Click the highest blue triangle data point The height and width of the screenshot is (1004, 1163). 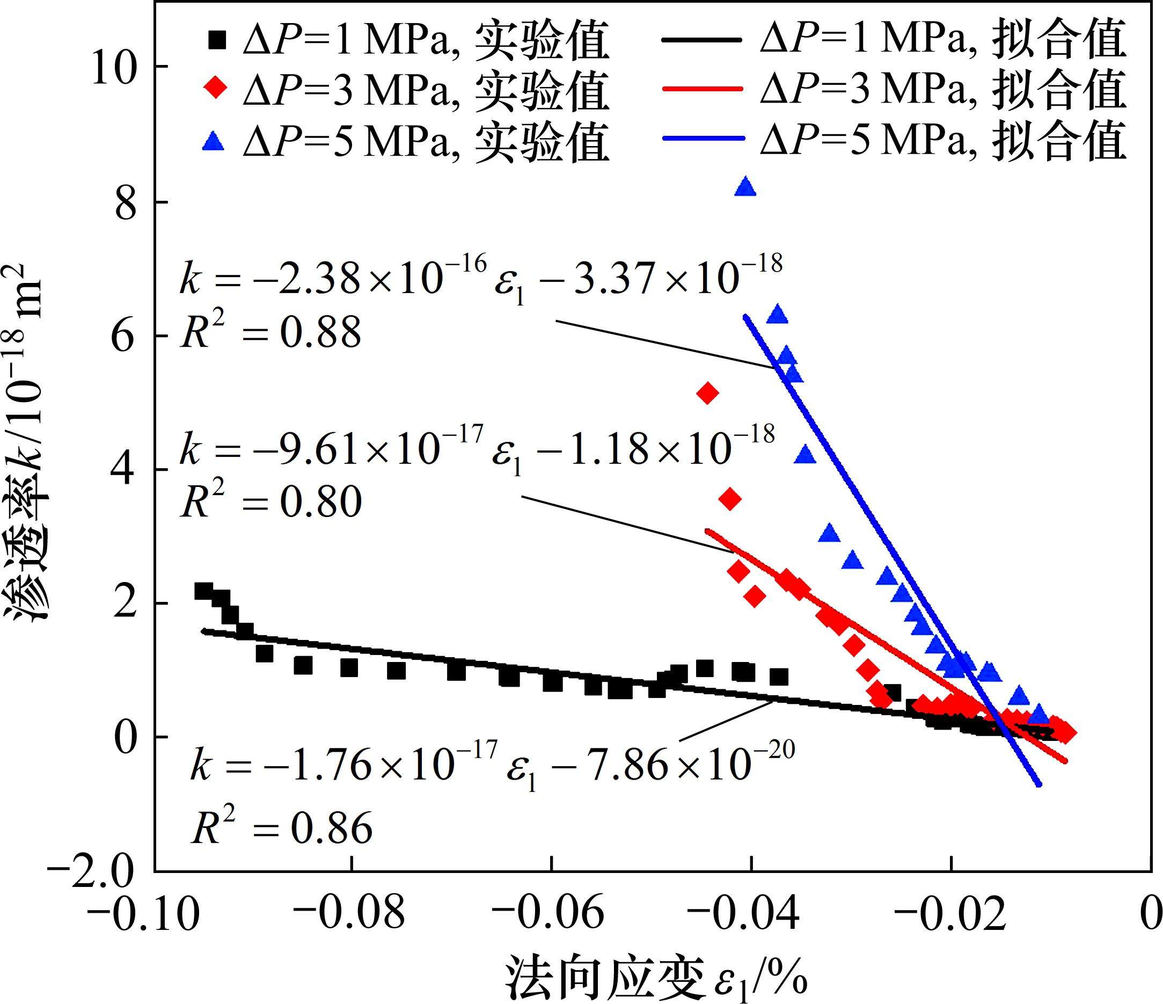(745, 187)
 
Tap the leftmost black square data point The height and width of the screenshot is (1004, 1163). (203, 591)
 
